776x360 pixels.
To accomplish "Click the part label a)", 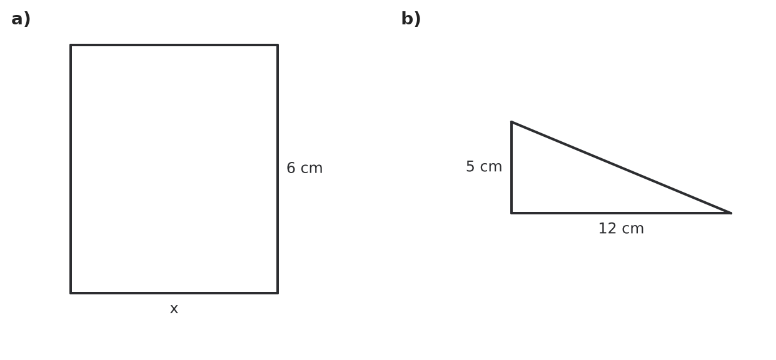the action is [x=21, y=19].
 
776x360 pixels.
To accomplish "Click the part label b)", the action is [x=411, y=19].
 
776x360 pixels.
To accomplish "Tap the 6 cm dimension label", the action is [x=305, y=168].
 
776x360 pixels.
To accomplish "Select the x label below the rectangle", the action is [x=174, y=309].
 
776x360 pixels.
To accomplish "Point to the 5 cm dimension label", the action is [x=483, y=166].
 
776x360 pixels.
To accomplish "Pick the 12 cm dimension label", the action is [x=621, y=229].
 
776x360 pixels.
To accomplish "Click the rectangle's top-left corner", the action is [x=71, y=45].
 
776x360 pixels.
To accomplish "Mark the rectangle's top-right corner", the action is [x=278, y=45].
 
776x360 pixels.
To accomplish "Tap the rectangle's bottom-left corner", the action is [x=71, y=293].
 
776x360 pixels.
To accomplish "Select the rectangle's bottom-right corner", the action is [x=278, y=293].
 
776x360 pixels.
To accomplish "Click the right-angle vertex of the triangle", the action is [x=511, y=213].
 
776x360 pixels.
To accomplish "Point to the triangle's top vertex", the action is [x=511, y=122].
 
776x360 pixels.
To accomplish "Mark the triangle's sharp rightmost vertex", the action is [x=731, y=213].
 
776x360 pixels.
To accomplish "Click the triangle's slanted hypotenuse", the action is [x=621, y=167].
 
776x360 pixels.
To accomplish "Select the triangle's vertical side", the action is [x=511, y=167].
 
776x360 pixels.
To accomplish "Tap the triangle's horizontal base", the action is [x=621, y=213].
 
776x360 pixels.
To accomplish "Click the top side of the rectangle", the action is [x=174, y=45].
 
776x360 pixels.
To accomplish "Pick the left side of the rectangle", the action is [x=71, y=169].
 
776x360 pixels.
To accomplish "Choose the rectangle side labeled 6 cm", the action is [x=278, y=169].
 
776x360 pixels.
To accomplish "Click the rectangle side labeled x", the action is [x=174, y=293].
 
